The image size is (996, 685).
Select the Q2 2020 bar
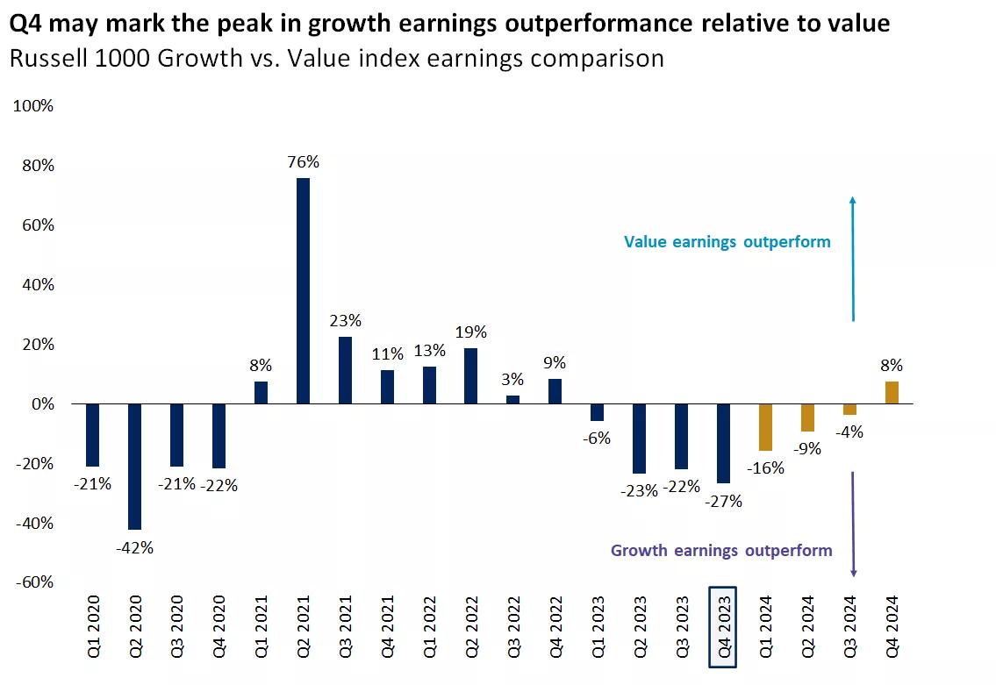point(134,467)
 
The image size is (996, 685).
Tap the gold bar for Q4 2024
point(892,393)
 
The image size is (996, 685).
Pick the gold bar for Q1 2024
point(765,427)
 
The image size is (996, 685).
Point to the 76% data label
point(304,162)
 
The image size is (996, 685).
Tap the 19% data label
point(471,332)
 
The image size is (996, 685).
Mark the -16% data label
point(765,468)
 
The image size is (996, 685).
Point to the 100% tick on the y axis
point(32,106)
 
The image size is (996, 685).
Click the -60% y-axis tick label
point(32,583)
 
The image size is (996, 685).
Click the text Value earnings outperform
point(727,241)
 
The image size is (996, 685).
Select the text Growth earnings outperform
point(721,551)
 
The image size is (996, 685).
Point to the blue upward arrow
point(853,259)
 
